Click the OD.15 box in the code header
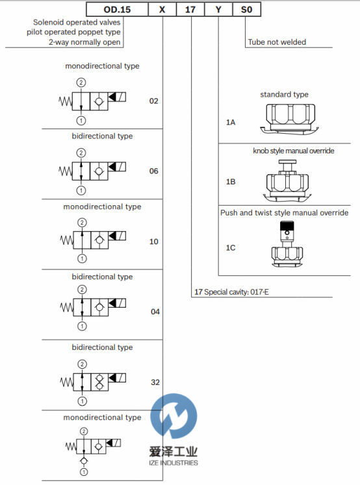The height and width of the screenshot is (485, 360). (117, 9)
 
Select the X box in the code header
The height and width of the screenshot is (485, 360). (162, 9)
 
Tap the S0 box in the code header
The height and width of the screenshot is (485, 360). (247, 9)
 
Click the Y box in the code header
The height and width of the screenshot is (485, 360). (218, 9)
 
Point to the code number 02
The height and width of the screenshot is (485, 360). (153, 101)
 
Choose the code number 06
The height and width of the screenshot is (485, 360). (153, 171)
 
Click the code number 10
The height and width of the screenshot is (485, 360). (154, 242)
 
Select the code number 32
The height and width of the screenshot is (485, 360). (155, 382)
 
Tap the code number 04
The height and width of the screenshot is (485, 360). (155, 312)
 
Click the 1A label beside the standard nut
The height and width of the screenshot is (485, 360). (231, 123)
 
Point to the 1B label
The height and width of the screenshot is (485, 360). (231, 182)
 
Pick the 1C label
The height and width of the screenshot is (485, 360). (231, 248)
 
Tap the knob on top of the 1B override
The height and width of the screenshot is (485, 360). (287, 162)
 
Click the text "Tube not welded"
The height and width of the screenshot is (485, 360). (277, 42)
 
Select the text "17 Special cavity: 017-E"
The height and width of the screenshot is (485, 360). (231, 292)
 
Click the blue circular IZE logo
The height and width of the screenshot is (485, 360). (174, 416)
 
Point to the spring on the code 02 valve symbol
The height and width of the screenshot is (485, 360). (66, 101)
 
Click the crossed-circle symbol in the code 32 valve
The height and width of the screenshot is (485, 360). (99, 382)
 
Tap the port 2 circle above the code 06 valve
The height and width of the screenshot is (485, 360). (81, 153)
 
